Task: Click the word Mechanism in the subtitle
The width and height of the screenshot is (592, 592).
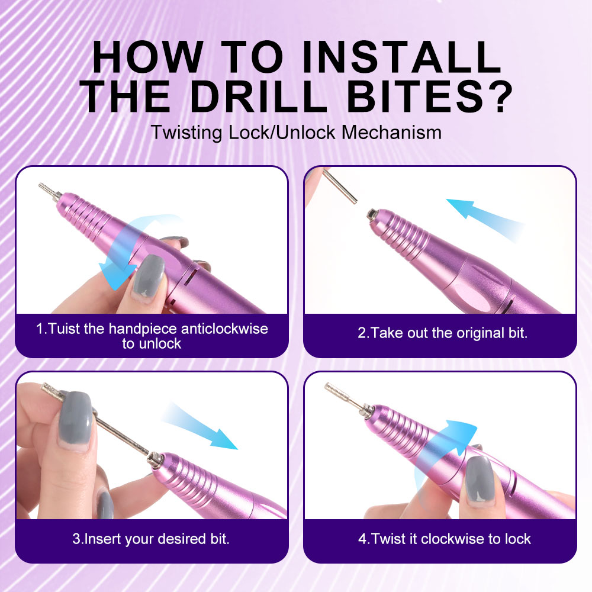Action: (x=391, y=131)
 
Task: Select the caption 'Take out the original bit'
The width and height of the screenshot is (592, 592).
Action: (x=442, y=333)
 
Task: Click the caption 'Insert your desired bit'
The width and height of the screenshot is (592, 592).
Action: (x=151, y=539)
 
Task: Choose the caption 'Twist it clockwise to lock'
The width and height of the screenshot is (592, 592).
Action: (x=444, y=539)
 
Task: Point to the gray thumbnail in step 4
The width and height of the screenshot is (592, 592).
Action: (x=480, y=477)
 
